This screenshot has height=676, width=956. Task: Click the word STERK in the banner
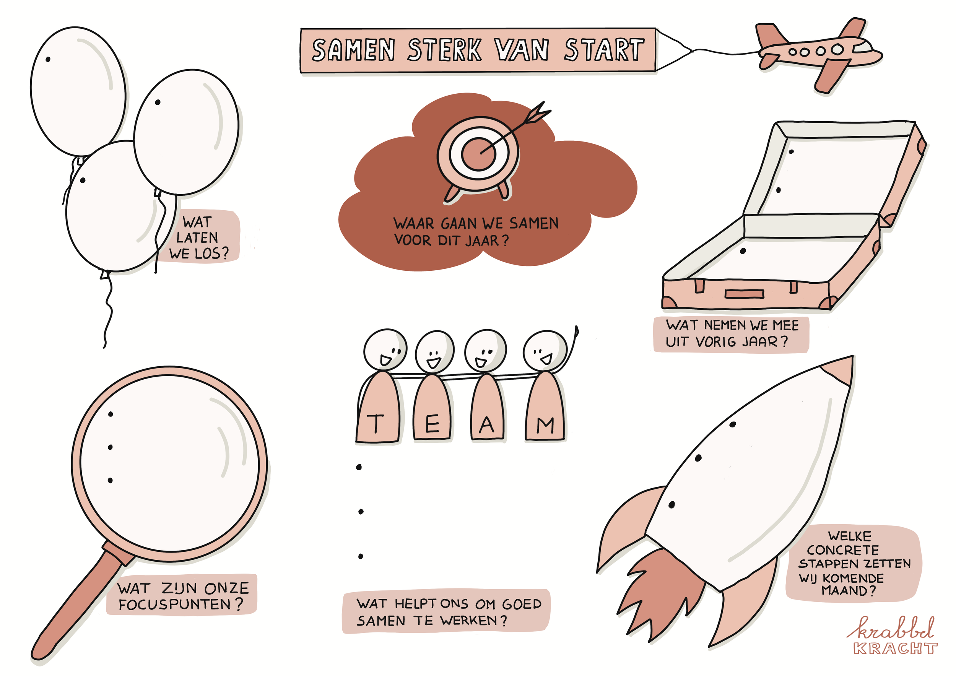pyautogui.click(x=444, y=50)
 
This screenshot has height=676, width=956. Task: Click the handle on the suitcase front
pyautogui.click(x=745, y=294)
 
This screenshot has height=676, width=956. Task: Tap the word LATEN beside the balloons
pyautogui.click(x=197, y=238)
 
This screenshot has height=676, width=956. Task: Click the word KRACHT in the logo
pyautogui.click(x=895, y=648)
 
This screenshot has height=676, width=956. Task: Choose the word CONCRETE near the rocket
pyautogui.click(x=843, y=550)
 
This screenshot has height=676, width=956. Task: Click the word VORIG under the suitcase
pyautogui.click(x=716, y=342)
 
